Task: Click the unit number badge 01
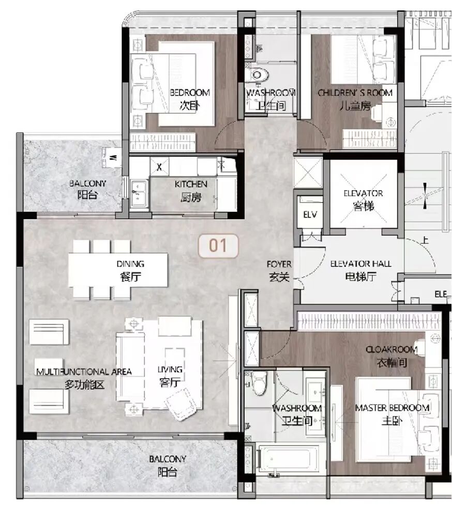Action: [x=218, y=246]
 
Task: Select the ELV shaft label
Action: [x=310, y=214]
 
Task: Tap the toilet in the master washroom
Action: [x=259, y=383]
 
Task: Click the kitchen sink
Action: [x=139, y=193]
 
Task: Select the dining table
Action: [x=118, y=270]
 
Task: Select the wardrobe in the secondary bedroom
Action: [x=162, y=142]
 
